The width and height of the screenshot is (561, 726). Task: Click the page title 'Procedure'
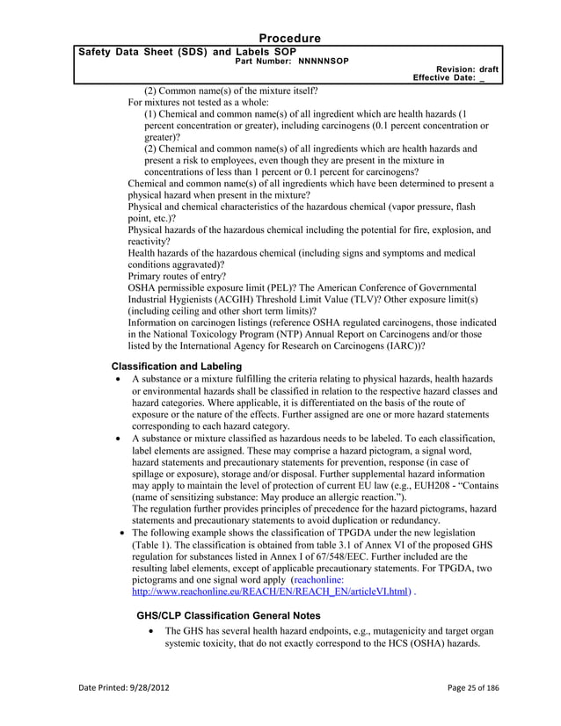tap(289, 38)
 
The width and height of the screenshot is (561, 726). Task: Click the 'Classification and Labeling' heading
tap(177, 366)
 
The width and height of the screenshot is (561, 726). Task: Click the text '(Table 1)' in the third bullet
tap(156, 546)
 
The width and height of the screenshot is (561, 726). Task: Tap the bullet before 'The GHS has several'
tap(154, 631)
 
